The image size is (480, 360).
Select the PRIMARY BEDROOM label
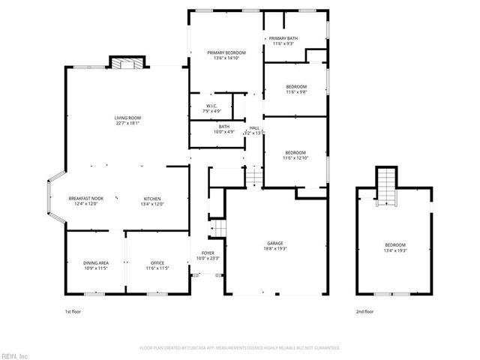(226, 52)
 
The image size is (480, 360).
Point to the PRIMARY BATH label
(284, 38)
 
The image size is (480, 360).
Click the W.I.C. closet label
(211, 106)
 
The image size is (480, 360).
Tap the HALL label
(254, 127)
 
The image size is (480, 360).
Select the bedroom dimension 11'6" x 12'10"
(295, 158)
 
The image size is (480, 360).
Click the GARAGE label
(275, 243)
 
